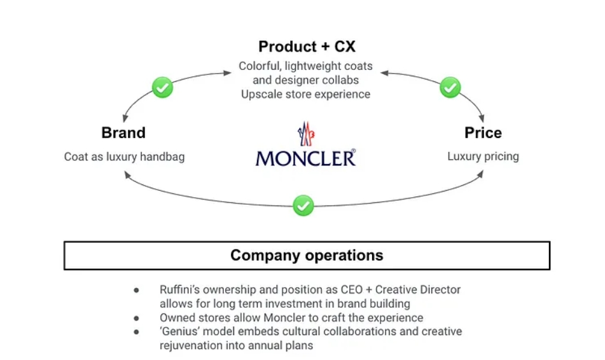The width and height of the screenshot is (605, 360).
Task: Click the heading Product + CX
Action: pos(307,46)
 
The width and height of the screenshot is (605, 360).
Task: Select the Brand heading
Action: pos(123,133)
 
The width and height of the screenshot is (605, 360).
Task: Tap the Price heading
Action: pos(483,133)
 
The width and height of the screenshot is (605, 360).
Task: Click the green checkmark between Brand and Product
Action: pos(163,87)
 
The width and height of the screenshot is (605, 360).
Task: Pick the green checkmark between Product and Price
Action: pos(450,87)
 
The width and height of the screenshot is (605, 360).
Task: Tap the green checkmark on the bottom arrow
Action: pos(303,205)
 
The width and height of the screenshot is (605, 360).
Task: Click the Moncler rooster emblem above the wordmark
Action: pos(306,134)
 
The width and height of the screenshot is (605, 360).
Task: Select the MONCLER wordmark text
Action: pos(305,158)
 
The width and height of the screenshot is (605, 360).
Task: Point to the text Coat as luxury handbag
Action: pos(124,156)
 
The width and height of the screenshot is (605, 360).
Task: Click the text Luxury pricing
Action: pos(483,156)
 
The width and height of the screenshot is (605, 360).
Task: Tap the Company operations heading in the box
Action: pos(307,256)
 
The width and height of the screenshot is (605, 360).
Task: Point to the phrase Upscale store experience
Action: pos(305,94)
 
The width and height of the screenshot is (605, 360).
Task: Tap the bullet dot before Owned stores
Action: pos(136,318)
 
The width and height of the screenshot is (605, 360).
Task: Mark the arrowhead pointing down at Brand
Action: pos(125,118)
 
